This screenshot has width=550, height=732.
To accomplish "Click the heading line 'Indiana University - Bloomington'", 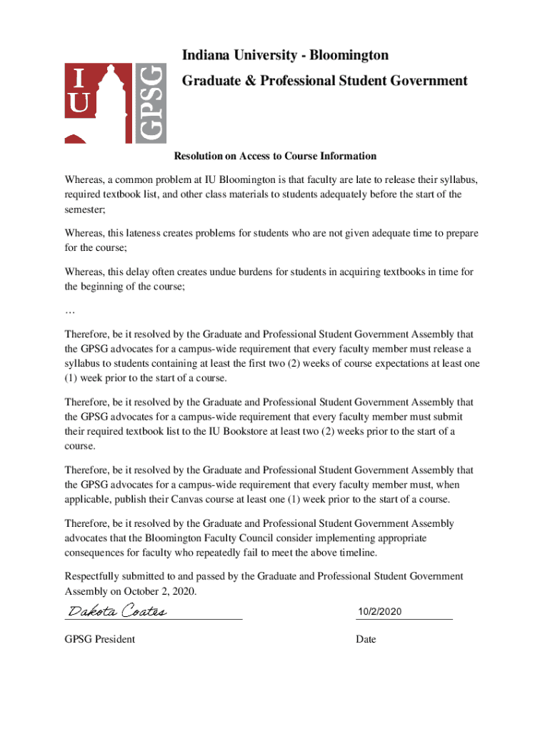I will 285,55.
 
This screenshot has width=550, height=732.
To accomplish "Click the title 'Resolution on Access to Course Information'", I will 275,156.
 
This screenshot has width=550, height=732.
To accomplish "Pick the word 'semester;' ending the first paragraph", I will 85,209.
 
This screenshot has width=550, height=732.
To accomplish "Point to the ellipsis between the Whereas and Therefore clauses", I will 69,312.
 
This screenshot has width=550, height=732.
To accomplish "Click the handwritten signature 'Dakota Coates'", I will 117,611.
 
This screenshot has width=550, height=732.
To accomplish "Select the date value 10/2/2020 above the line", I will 381,612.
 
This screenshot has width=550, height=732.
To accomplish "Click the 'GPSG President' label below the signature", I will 99,639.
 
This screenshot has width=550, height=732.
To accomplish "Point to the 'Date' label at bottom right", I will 366,639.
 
